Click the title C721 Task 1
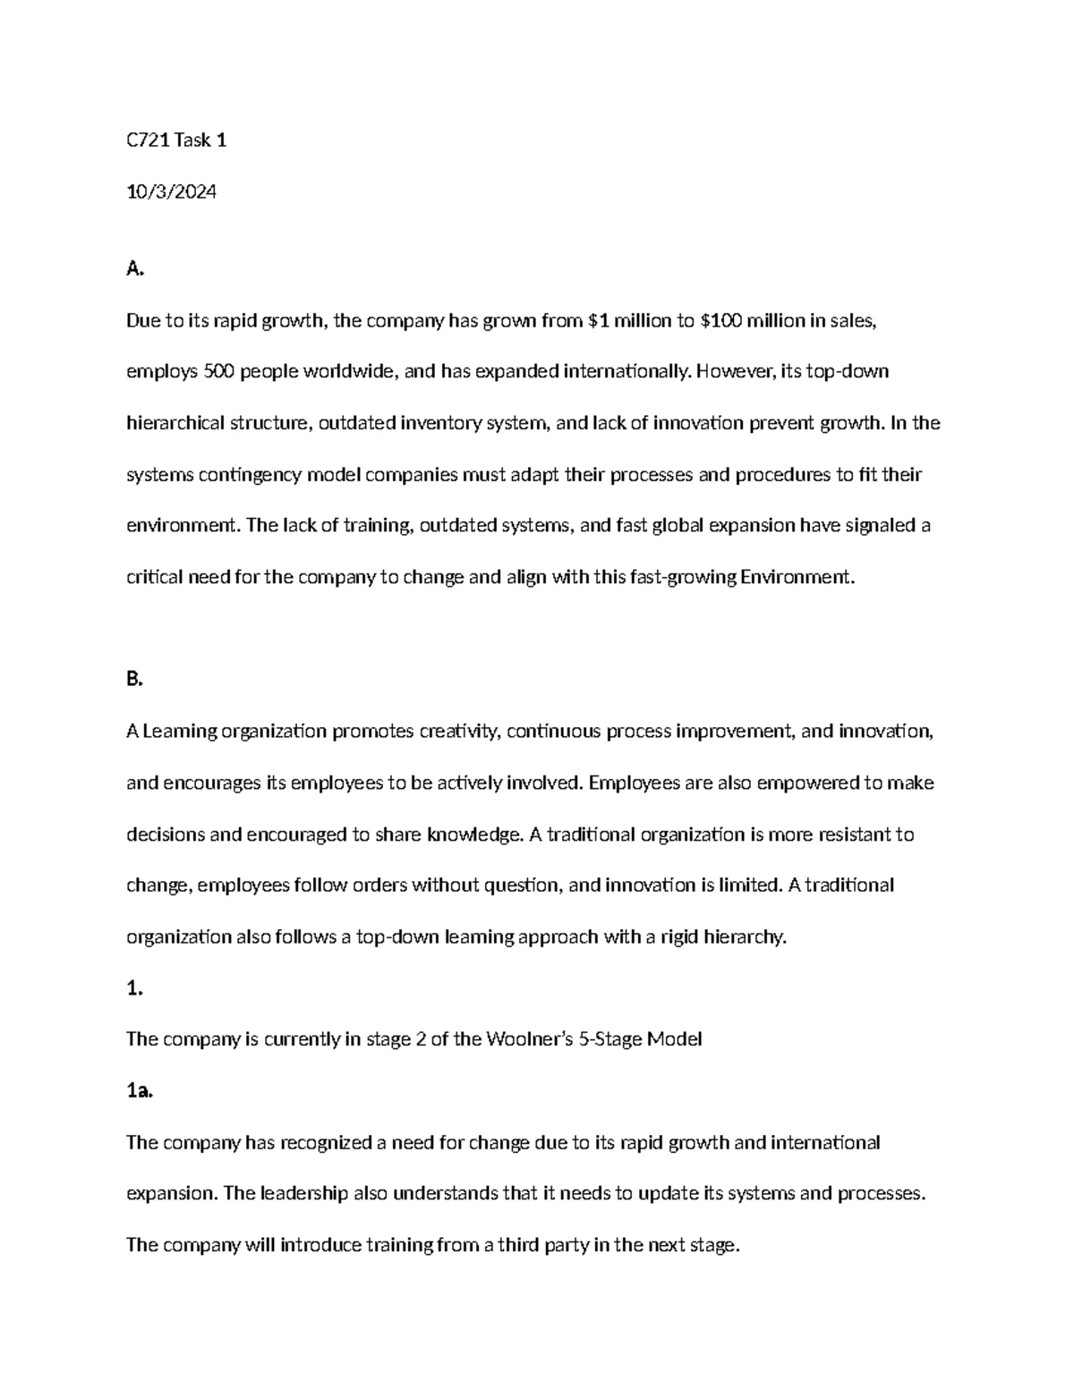pyautogui.click(x=176, y=140)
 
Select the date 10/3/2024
pyautogui.click(x=171, y=191)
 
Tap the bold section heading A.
pyautogui.click(x=134, y=269)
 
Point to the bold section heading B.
pyautogui.click(x=134, y=680)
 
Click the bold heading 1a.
pyautogui.click(x=140, y=1090)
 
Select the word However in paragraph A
pyautogui.click(x=735, y=372)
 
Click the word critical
pyautogui.click(x=153, y=578)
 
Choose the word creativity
pyautogui.click(x=460, y=732)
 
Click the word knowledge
pyautogui.click(x=473, y=835)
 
